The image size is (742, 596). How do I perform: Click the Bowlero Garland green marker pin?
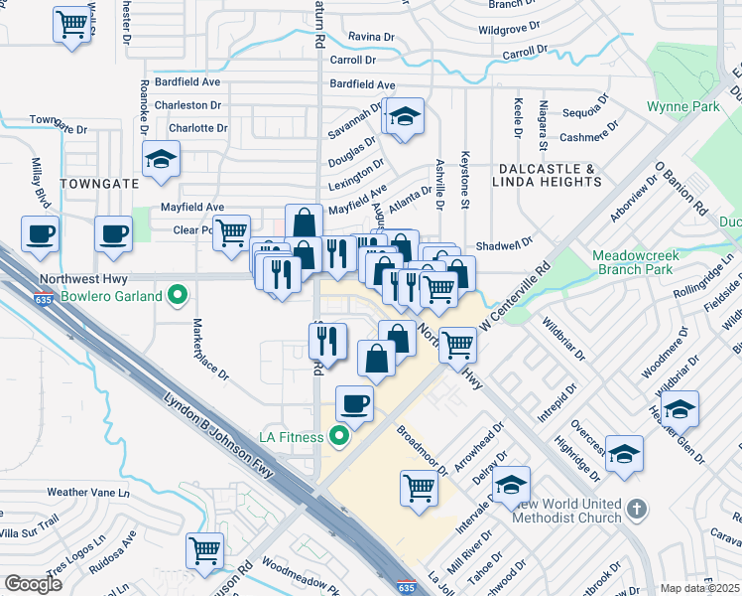178,295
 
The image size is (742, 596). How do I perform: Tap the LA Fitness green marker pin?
340,436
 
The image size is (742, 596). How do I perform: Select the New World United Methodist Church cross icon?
637,511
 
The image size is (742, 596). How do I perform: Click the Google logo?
33,584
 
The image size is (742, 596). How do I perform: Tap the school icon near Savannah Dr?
404,116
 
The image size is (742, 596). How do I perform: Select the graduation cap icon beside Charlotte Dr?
160,158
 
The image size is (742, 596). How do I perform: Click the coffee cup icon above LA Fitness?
355,402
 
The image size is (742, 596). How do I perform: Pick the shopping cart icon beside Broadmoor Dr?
419,487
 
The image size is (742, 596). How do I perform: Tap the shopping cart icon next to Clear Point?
231,232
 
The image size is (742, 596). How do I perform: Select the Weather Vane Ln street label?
88,492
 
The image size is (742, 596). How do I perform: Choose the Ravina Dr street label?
372,38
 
